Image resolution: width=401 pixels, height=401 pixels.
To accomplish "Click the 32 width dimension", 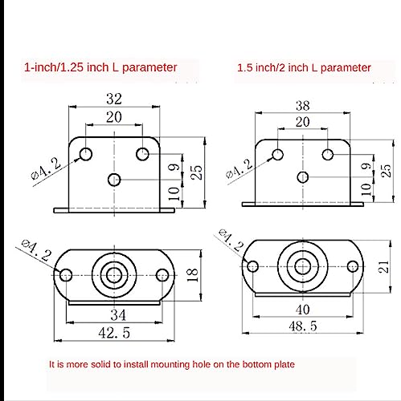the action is click(114, 99).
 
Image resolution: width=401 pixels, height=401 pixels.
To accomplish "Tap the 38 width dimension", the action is click(303, 106).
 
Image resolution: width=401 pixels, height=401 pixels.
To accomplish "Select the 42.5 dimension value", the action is click(114, 333).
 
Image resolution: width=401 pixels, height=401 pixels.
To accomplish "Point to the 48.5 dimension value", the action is click(303, 326).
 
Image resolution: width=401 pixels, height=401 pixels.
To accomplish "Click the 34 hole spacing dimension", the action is click(118, 315).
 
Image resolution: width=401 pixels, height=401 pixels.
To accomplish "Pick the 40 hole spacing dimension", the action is click(303, 310).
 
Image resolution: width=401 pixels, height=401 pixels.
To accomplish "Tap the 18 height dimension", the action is click(192, 275).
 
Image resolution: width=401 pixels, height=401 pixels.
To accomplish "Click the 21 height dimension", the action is click(384, 266).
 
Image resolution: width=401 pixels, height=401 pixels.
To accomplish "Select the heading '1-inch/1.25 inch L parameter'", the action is click(100, 67).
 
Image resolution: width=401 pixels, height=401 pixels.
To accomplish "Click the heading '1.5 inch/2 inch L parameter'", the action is click(304, 67).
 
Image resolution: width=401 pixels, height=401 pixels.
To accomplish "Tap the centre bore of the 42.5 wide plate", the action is click(114, 275).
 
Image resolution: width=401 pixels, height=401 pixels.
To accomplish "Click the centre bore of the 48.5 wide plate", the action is click(303, 266).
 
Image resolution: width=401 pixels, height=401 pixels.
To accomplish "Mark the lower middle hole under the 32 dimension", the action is click(114, 180).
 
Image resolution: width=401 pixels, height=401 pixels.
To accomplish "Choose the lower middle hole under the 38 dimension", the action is click(303, 177).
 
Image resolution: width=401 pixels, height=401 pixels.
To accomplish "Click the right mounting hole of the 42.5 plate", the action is click(162, 275).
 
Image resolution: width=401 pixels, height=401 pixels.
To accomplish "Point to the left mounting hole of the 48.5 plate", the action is click(252, 266).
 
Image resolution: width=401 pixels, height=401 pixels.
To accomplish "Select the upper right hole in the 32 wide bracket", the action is click(142, 154).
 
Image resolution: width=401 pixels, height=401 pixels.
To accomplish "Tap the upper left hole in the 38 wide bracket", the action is click(278, 155).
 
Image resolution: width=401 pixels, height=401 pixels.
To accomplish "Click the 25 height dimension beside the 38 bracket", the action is click(386, 171).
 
